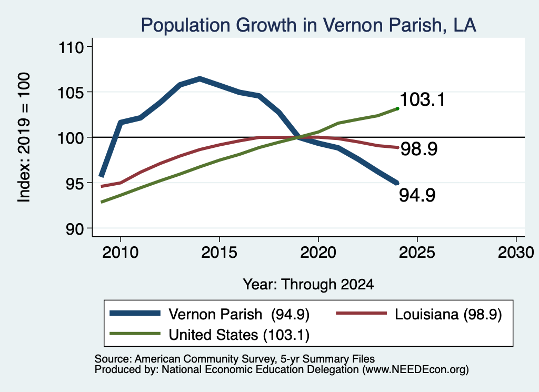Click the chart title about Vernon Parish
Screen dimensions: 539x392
(x=308, y=25)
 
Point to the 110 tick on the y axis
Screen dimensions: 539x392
(x=71, y=47)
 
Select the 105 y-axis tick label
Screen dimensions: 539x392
(x=71, y=93)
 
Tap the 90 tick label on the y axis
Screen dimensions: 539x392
(x=75, y=229)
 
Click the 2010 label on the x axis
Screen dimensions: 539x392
(x=121, y=253)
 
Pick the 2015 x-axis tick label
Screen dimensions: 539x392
(x=219, y=253)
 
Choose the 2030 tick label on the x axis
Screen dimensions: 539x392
(x=516, y=253)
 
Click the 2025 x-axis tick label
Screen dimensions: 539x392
(x=417, y=253)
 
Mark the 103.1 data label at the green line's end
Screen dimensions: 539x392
(x=423, y=99)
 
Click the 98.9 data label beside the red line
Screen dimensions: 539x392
(x=419, y=149)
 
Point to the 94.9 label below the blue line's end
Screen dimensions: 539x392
(x=417, y=195)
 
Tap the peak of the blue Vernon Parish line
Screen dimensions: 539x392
(x=199, y=79)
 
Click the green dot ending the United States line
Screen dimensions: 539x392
(x=397, y=109)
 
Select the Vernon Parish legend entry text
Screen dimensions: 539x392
(x=239, y=314)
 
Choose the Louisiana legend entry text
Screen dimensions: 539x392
(x=448, y=314)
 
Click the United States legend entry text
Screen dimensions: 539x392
(x=239, y=335)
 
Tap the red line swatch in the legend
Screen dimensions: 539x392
(x=361, y=313)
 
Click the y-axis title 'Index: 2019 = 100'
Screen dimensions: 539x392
(x=24, y=137)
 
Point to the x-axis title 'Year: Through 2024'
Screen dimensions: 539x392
(x=308, y=285)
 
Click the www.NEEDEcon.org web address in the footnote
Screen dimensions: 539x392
(x=415, y=370)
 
